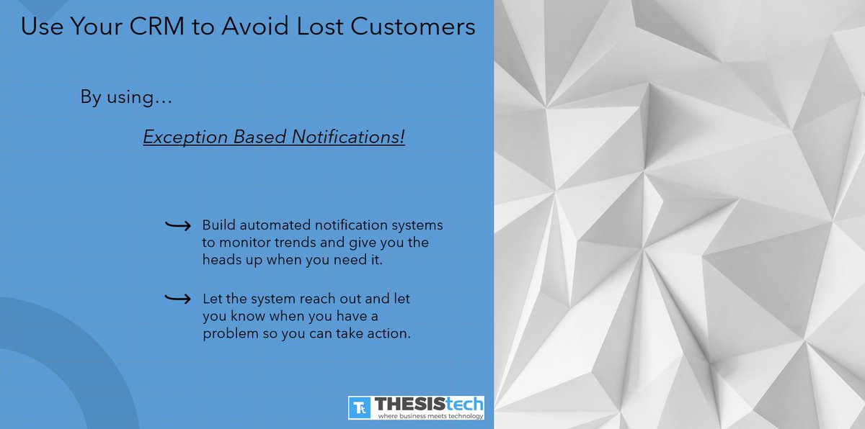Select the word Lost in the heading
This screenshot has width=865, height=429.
(327, 27)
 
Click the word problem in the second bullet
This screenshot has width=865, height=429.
(226, 334)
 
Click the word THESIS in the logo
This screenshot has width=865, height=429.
(407, 404)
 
